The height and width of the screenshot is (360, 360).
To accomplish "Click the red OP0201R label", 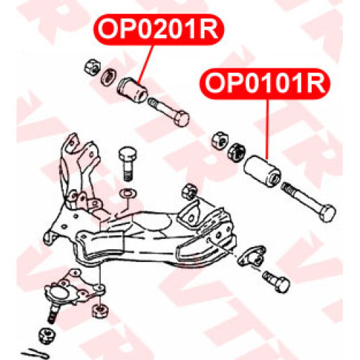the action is point(158,30).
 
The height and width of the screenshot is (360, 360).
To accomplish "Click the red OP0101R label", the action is point(265,84).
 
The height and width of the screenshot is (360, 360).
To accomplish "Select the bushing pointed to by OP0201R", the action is point(132,90).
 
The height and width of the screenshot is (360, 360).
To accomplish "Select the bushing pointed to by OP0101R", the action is point(262,171).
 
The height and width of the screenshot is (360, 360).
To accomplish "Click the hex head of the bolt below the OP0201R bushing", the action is point(181,119).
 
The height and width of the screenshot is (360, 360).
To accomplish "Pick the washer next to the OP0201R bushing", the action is point(108,76).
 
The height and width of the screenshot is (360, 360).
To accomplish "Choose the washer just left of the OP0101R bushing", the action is point(235,152).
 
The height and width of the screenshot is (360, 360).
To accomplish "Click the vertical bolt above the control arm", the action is point(127,163).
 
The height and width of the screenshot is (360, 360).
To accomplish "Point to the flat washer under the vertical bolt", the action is point(128,193).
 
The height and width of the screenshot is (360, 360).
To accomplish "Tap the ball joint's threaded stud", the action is point(53,314).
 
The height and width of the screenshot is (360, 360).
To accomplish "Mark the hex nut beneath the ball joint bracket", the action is point(100,310).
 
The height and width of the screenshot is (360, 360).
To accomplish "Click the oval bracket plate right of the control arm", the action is point(251,256).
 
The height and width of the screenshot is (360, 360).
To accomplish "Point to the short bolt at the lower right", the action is point(276,282).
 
